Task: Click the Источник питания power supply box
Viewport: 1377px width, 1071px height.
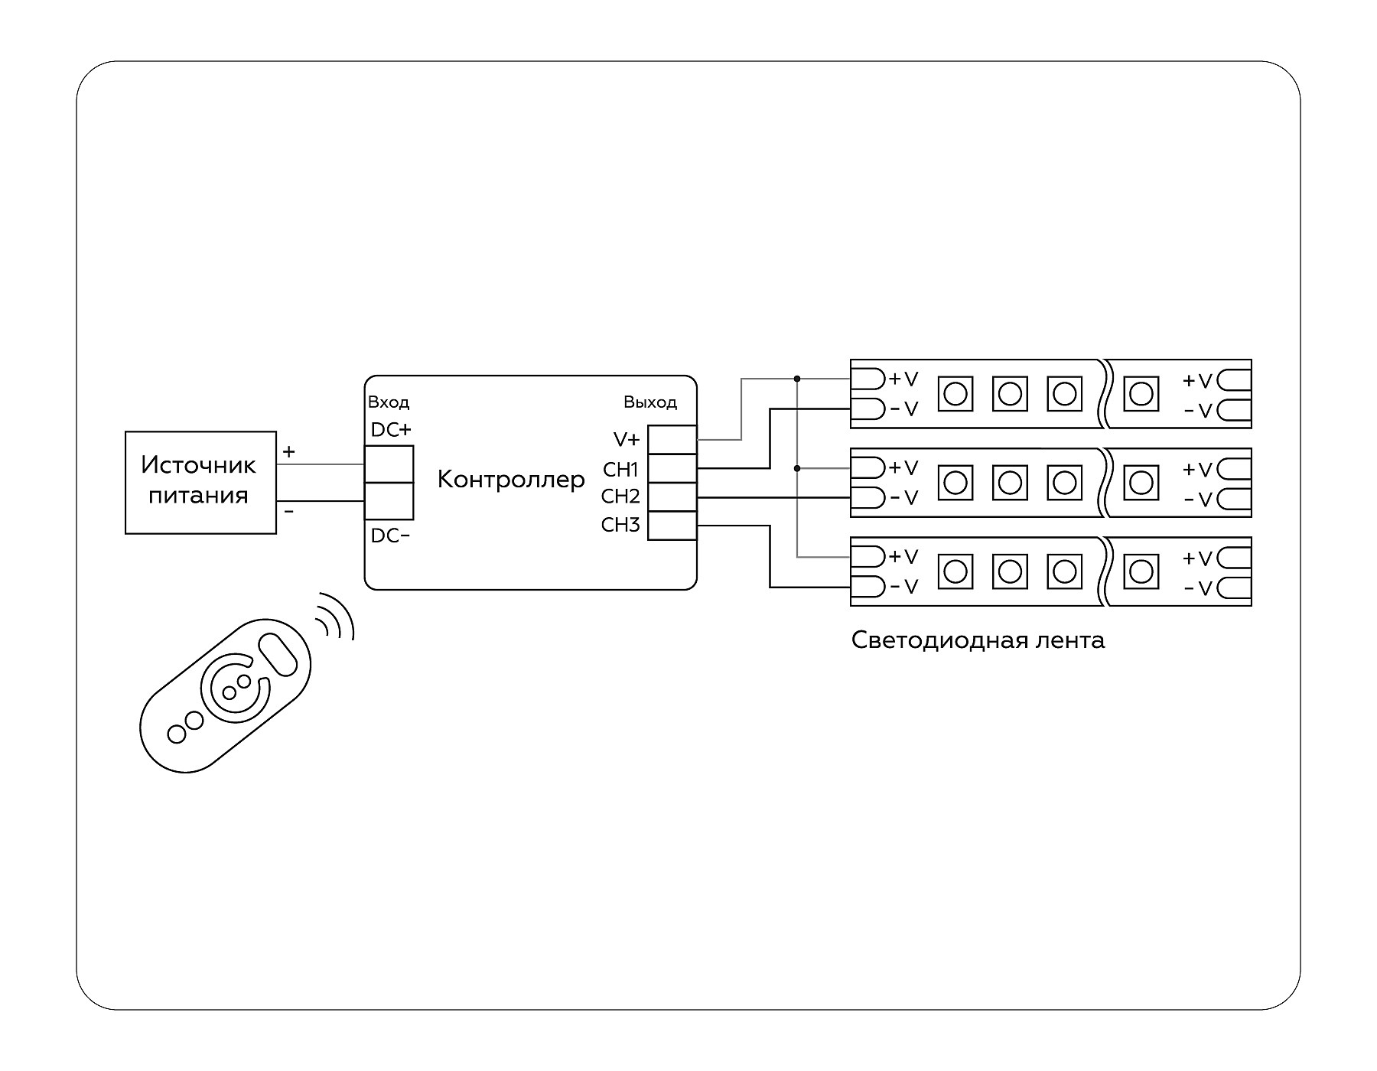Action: point(200,482)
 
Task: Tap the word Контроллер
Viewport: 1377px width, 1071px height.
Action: point(510,480)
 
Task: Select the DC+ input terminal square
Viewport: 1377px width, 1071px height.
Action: point(389,464)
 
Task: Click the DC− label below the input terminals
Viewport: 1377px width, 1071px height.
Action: point(390,536)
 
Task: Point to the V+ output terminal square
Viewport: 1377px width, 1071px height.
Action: point(672,440)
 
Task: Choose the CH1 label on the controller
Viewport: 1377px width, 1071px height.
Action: point(620,469)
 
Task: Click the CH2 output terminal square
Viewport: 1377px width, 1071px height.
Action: point(672,497)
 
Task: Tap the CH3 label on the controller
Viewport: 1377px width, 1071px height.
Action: point(620,525)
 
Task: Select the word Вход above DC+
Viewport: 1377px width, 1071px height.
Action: point(389,402)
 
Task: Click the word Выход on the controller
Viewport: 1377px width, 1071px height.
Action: point(650,402)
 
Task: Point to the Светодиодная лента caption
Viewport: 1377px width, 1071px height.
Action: point(978,640)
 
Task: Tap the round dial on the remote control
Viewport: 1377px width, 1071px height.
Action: point(236,686)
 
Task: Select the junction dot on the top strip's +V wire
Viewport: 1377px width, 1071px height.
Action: point(797,379)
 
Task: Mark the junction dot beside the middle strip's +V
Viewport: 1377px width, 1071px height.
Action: point(797,467)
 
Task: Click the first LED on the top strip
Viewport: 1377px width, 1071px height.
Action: point(955,394)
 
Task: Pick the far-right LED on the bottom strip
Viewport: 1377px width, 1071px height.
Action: point(1141,571)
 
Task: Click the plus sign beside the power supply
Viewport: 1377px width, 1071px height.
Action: point(288,452)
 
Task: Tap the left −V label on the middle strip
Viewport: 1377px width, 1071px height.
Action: point(903,498)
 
